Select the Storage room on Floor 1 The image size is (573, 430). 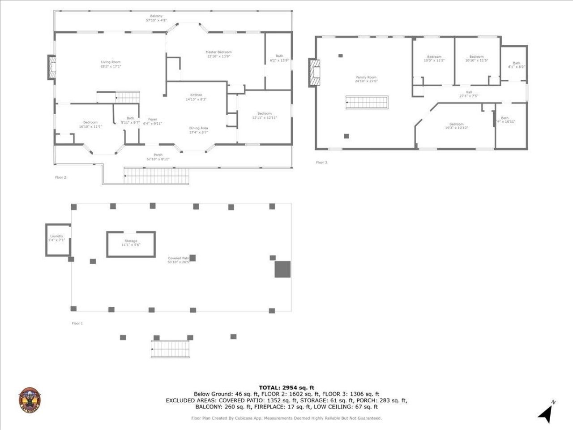tap(131, 244)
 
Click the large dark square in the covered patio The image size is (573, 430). tap(282, 269)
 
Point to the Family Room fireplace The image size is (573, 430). tap(315, 73)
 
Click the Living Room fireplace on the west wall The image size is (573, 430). tap(52, 68)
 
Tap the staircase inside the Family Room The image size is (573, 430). tap(367, 103)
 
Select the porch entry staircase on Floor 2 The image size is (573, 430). tap(156, 176)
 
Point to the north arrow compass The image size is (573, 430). tap(546, 412)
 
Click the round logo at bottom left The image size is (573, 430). tap(30, 400)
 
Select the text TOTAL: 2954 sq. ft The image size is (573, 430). tap(286, 387)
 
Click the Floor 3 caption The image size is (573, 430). tap(321, 163)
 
